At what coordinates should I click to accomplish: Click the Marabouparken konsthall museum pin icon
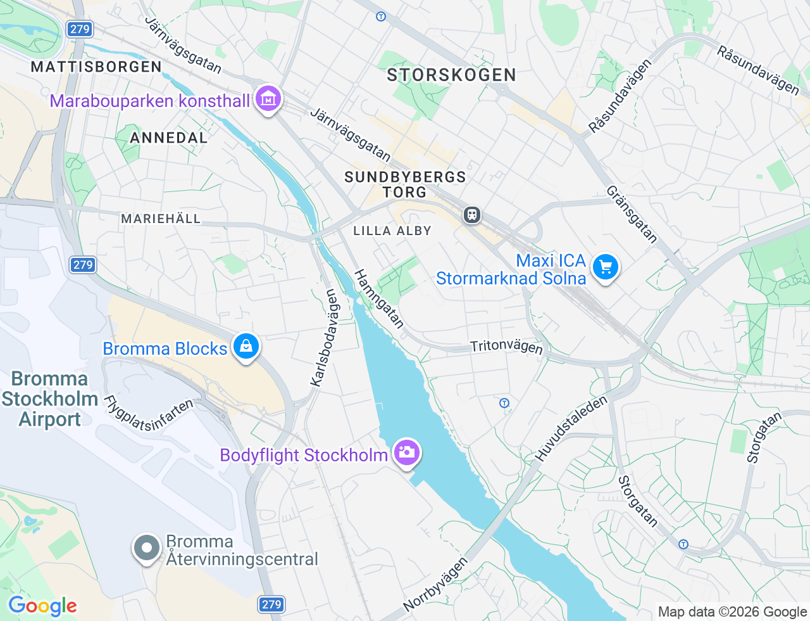click(269, 99)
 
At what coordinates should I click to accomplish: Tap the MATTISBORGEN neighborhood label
click(96, 67)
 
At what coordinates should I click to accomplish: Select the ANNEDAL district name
click(168, 138)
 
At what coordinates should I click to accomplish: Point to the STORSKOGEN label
click(451, 75)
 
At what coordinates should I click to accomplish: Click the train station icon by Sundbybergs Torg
click(471, 215)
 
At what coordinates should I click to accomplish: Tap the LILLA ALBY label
click(392, 231)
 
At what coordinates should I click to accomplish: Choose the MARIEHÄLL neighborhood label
click(161, 219)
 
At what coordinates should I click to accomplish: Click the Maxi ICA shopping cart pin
click(605, 267)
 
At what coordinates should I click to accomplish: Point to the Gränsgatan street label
click(632, 214)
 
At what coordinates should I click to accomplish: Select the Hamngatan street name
click(378, 298)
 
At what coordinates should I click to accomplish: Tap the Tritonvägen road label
click(506, 346)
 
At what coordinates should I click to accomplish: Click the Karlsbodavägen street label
click(325, 337)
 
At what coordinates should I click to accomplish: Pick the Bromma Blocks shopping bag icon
click(246, 347)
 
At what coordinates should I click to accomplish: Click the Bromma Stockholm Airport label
click(49, 399)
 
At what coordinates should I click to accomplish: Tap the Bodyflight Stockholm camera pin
click(406, 452)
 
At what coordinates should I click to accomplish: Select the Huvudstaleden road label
click(571, 428)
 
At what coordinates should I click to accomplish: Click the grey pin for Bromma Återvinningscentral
click(147, 547)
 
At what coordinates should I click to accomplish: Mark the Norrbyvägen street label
click(435, 584)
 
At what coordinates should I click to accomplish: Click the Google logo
click(42, 606)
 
